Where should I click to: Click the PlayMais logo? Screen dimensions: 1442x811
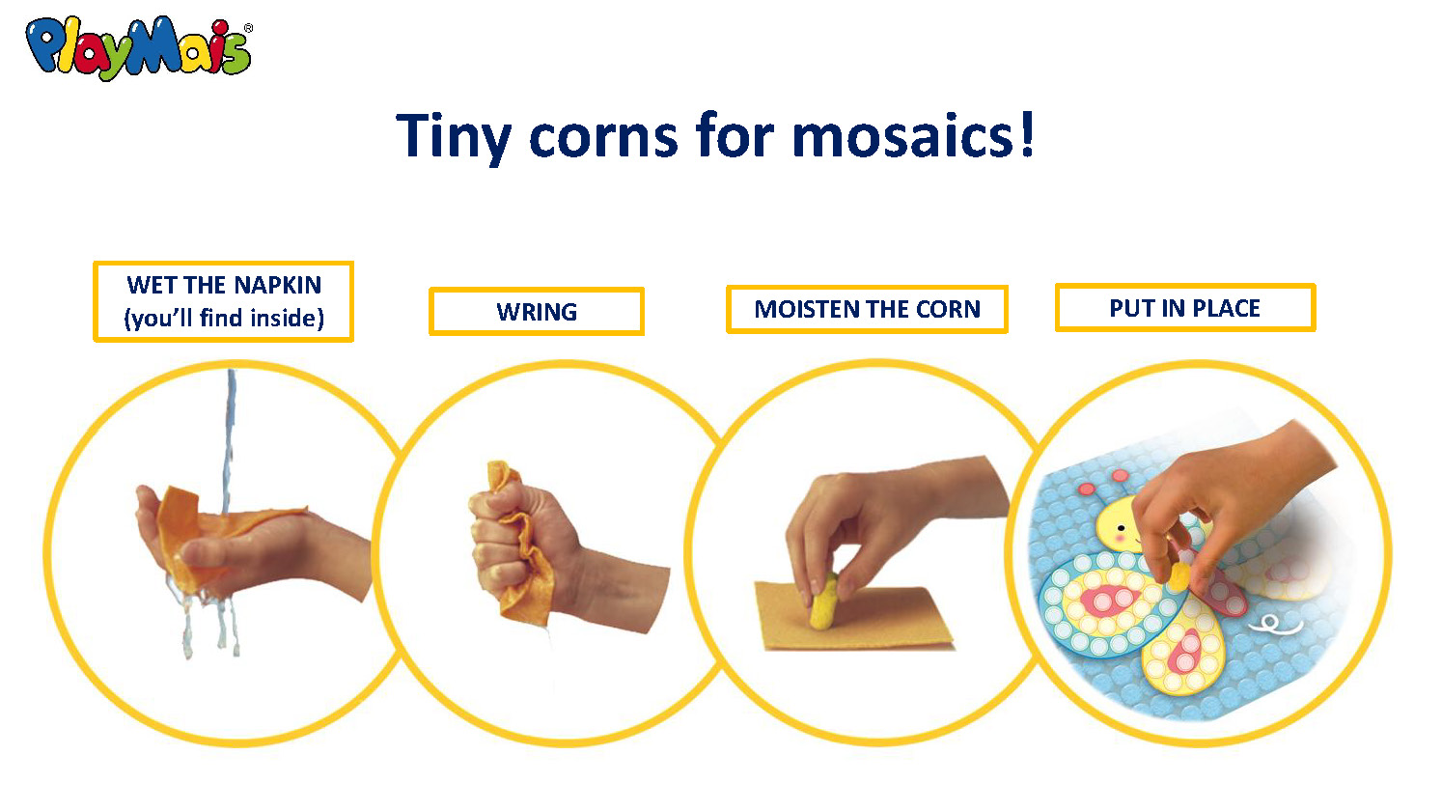coord(138,48)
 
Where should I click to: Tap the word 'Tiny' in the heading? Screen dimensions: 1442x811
coord(454,138)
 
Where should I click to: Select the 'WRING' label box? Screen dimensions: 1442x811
coord(537,311)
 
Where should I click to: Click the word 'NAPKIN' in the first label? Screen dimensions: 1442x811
coord(277,285)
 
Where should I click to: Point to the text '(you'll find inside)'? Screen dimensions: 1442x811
coord(224,319)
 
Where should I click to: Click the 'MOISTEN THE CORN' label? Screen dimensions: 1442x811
coord(867,309)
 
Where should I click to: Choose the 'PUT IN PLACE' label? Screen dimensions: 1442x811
coord(1184,308)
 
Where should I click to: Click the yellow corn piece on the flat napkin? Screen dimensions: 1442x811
coord(823,601)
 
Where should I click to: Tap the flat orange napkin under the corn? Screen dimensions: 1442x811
coord(853,616)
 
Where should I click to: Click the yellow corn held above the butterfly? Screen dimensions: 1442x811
coord(1179,575)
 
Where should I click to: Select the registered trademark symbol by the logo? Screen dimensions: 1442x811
coord(248,28)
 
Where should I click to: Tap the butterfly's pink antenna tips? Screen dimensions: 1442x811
coord(1103,483)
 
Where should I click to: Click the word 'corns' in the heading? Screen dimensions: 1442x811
coord(603,138)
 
